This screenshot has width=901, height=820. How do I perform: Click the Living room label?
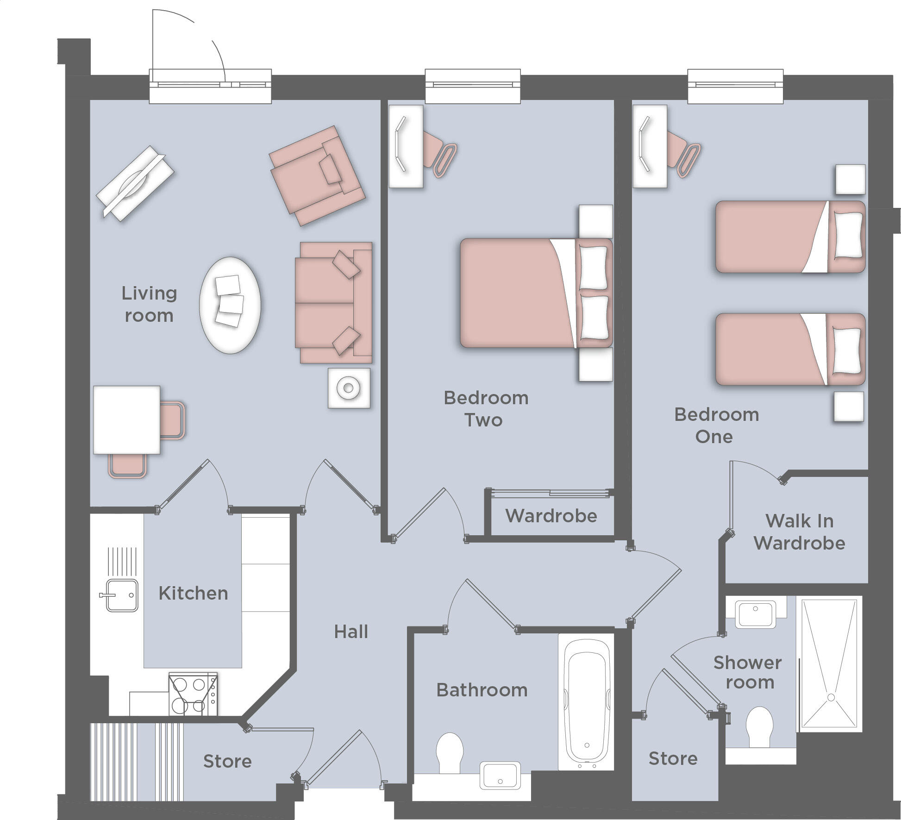[149, 304]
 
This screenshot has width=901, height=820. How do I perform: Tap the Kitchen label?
[193, 593]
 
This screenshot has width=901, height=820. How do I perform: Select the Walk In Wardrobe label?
[799, 532]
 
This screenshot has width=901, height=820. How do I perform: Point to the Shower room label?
[747, 672]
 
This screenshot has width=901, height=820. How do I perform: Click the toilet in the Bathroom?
[450, 752]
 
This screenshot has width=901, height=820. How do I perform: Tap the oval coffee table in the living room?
[230, 305]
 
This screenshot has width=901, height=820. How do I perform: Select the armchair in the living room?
[317, 175]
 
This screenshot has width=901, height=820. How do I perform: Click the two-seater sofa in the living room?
[333, 302]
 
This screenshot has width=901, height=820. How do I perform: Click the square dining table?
[127, 419]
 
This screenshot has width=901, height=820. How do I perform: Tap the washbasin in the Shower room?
[755, 614]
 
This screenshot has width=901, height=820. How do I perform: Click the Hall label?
[351, 632]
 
